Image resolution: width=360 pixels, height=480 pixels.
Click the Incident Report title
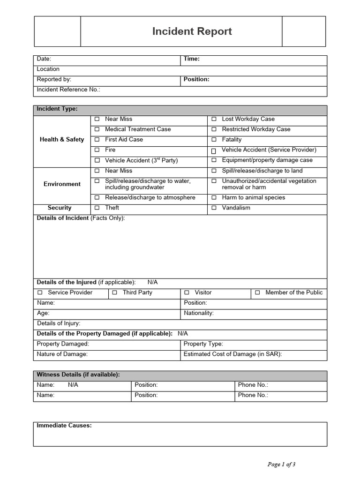192,31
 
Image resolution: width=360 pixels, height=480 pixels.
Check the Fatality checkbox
214,140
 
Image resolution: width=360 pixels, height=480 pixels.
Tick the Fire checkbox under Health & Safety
97,150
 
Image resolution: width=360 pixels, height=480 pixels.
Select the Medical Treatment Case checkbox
97,129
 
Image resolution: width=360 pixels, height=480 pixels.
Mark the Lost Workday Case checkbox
214,119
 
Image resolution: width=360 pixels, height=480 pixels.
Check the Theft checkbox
97,208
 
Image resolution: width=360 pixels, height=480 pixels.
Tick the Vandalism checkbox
214,208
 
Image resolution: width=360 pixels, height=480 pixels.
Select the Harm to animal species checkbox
214,198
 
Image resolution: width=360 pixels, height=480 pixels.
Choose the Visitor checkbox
187,292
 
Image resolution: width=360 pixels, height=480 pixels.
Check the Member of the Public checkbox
257,292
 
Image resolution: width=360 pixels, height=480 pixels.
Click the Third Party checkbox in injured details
114,292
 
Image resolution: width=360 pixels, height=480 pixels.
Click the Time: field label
191,59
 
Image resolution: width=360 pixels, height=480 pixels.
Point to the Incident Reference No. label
68,90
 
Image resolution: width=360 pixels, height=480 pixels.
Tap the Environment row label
62,184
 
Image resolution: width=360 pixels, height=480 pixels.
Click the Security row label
60,208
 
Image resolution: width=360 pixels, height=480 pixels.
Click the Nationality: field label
199,313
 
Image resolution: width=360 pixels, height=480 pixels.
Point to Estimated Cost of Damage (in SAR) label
232,354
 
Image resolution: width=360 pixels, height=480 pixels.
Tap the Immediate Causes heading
64,426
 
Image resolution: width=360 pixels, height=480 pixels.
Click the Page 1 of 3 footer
281,465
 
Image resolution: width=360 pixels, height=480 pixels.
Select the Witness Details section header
78,375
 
